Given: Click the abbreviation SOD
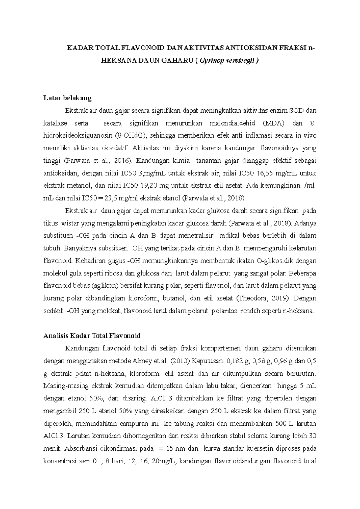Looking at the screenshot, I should (296, 111).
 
